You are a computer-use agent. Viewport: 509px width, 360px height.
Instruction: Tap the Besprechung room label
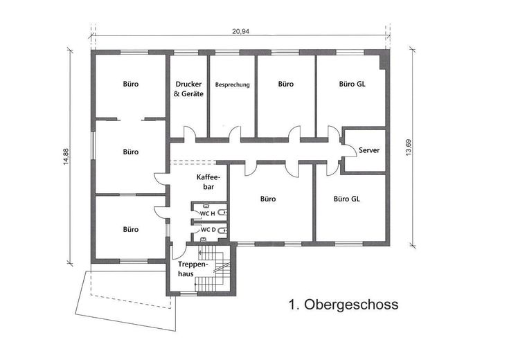[x=232, y=84]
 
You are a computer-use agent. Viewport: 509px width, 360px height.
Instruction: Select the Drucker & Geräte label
[x=188, y=89]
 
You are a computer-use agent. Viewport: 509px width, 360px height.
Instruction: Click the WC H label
[x=208, y=213]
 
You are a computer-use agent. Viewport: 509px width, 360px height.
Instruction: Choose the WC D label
[x=208, y=230]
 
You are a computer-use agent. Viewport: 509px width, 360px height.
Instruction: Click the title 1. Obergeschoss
[x=342, y=304]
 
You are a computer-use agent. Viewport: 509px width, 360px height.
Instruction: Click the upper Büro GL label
[x=352, y=84]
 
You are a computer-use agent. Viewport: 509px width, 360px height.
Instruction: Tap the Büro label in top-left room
[x=130, y=84]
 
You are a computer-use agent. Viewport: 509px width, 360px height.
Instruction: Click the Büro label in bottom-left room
[x=130, y=229]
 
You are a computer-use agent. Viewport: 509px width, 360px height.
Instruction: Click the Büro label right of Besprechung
[x=286, y=84]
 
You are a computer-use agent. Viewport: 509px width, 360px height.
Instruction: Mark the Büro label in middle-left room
[x=130, y=152]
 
